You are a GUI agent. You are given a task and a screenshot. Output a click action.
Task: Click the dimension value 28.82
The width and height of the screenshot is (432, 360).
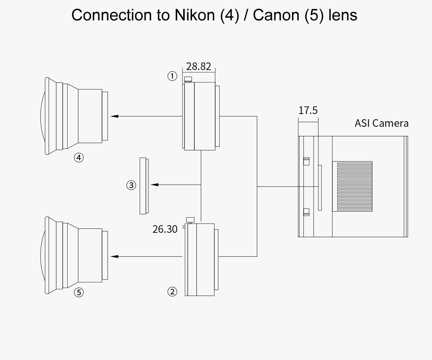198,66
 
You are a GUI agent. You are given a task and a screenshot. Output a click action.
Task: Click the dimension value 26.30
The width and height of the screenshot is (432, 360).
165,229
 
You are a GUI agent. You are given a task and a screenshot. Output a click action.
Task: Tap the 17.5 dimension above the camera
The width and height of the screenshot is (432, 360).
308,110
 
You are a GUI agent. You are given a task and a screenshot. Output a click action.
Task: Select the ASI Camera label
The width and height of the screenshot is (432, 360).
382,123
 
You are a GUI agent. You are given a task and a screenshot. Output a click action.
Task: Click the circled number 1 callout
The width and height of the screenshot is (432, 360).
172,76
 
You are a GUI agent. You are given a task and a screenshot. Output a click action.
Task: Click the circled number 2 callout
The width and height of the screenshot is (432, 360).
172,292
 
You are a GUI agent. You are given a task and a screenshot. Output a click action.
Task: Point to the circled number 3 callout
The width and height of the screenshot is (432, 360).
131,185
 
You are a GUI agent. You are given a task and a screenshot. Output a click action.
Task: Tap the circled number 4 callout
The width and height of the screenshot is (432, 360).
79,158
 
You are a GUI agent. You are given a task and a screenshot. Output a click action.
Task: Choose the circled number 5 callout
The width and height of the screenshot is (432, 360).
79,292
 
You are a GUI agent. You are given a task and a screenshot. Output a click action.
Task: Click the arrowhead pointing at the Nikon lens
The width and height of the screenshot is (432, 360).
114,116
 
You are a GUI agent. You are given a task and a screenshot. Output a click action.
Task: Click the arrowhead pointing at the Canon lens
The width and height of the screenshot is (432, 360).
114,256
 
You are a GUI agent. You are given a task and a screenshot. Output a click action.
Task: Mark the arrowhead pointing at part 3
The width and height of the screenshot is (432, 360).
154,185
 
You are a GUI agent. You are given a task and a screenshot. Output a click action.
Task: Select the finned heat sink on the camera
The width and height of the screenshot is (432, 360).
352,186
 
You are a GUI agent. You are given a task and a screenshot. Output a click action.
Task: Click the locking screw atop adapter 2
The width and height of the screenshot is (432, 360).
190,220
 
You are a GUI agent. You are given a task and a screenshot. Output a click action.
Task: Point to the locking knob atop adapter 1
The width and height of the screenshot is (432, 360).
188,79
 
